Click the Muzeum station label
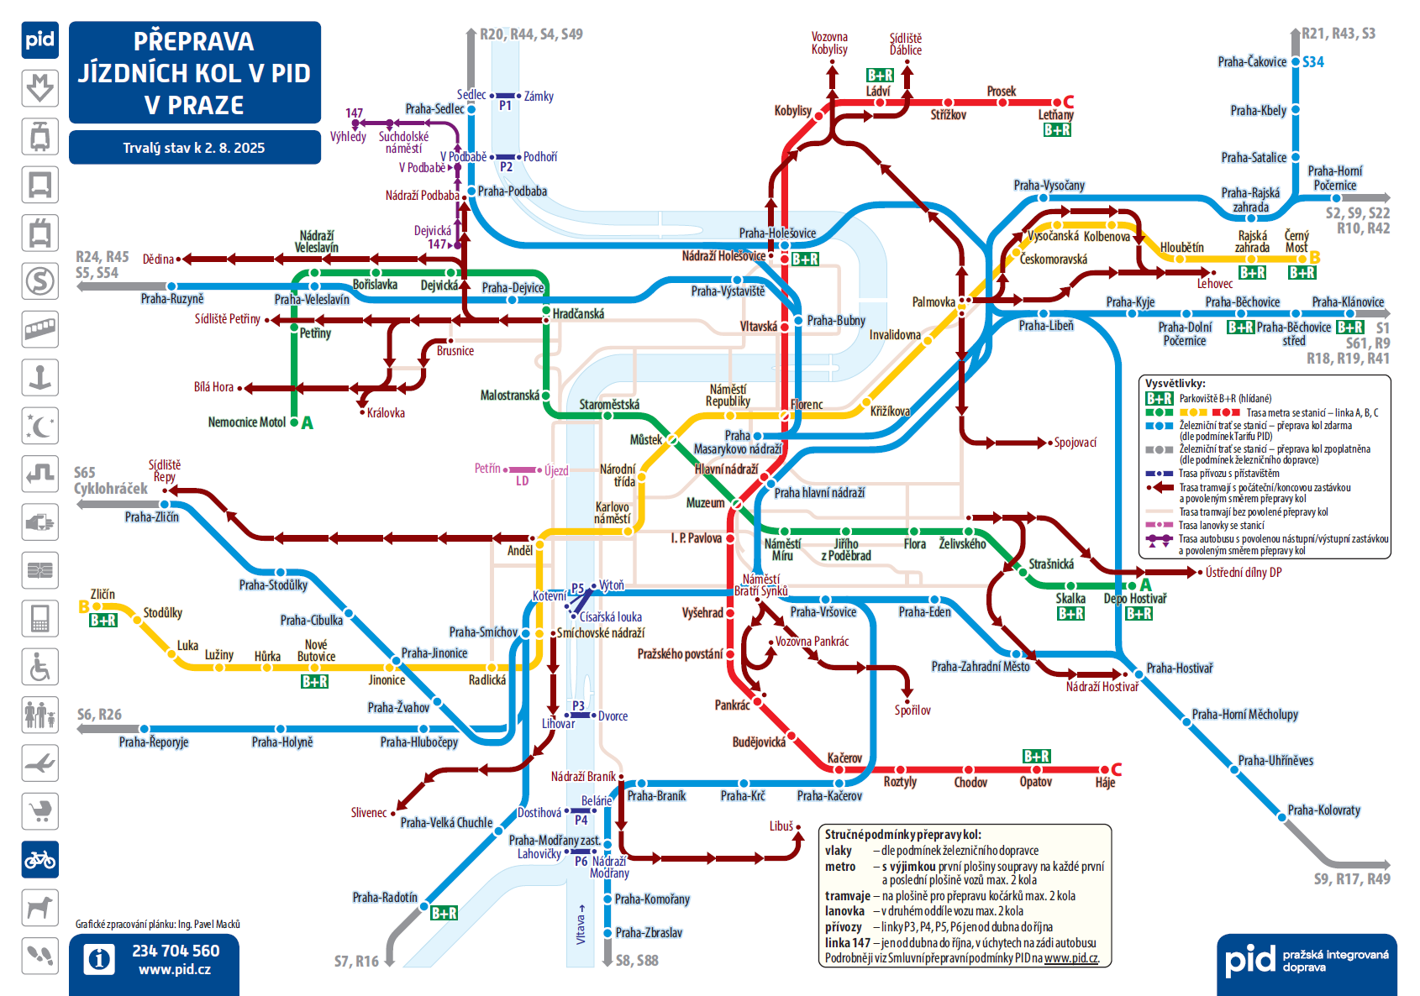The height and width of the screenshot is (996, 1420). tap(705, 503)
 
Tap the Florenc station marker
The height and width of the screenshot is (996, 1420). tap(785, 416)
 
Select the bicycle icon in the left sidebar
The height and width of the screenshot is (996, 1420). tap(40, 859)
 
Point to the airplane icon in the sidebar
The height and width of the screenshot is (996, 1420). tap(40, 763)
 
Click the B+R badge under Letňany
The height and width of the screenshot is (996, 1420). tap(1057, 130)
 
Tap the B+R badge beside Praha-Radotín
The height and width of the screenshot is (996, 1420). tap(444, 913)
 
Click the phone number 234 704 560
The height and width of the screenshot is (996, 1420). tap(176, 951)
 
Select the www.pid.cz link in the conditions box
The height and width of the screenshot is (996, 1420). tap(1071, 958)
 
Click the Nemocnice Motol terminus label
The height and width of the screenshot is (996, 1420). tap(247, 422)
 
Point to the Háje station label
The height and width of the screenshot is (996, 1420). tap(1105, 783)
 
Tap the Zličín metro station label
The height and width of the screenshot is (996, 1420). tap(103, 595)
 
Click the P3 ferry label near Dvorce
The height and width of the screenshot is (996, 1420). tap(578, 705)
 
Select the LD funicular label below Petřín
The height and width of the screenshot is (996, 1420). tap(523, 481)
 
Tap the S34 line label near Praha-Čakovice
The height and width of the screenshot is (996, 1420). tap(1313, 62)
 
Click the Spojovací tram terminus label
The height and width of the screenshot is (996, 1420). tap(1076, 443)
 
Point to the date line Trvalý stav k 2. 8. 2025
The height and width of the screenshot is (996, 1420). tap(194, 148)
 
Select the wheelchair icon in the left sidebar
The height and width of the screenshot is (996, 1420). tap(40, 667)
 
